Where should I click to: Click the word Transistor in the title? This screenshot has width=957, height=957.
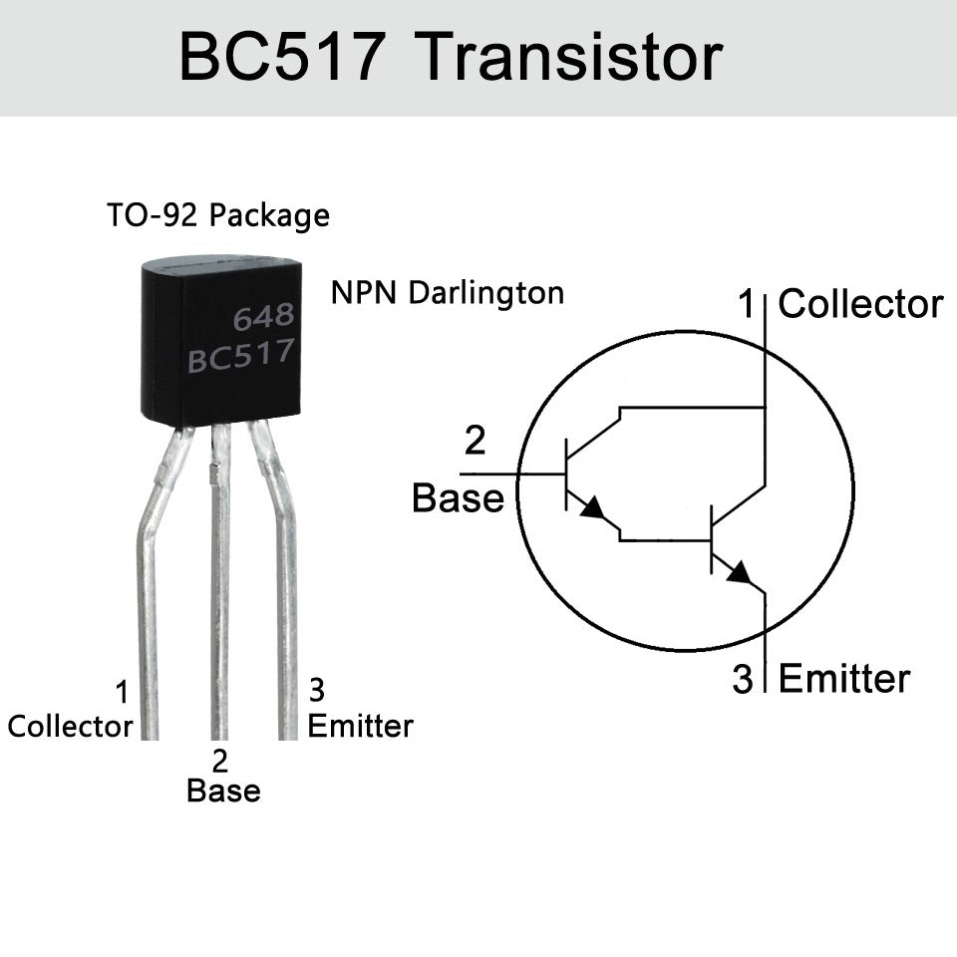(x=567, y=58)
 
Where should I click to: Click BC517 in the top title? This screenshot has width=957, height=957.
(x=280, y=58)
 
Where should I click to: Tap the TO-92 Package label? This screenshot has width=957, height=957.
(x=217, y=214)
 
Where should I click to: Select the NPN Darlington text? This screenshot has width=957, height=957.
(x=448, y=293)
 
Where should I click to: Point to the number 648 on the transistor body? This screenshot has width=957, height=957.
(x=263, y=318)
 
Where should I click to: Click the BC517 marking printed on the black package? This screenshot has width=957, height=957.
(x=241, y=356)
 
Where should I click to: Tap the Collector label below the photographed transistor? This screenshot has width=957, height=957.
(x=70, y=727)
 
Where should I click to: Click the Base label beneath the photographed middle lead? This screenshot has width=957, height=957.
(x=223, y=792)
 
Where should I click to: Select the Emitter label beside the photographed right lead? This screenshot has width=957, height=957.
(x=360, y=726)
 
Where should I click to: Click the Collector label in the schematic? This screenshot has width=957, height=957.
(x=860, y=305)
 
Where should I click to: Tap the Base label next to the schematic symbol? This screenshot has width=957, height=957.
(x=458, y=498)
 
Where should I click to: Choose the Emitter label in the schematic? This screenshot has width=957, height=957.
(x=843, y=679)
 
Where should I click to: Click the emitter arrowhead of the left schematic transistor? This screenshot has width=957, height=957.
(x=593, y=508)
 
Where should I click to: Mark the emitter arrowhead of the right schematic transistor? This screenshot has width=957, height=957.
(x=740, y=573)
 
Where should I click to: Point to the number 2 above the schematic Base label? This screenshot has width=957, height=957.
(x=476, y=440)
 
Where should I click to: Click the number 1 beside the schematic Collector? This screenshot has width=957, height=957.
(x=746, y=305)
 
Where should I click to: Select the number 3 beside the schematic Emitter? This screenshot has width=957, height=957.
(x=743, y=680)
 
